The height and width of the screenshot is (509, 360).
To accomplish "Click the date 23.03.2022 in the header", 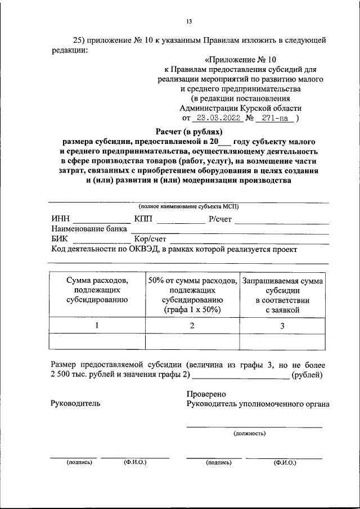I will [217, 119].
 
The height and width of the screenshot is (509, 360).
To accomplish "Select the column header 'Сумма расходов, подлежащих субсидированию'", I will [97, 290].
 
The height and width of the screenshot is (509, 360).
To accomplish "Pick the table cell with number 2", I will [192, 325].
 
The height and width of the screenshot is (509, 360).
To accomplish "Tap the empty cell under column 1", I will [97, 341].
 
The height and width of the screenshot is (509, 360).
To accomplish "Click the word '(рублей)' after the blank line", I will [307, 374].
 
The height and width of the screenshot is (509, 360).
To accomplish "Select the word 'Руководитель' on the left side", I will [75, 403].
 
